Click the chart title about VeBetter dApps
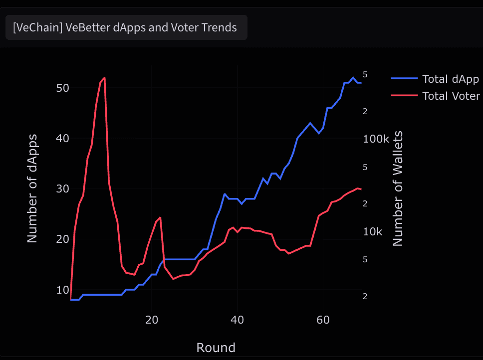125,27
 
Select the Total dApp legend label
450,79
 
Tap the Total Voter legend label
451,96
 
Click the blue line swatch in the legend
404,79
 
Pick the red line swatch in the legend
404,96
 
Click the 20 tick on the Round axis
152,320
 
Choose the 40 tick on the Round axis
238,320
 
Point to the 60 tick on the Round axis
323,320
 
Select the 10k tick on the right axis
373,232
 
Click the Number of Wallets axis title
398,188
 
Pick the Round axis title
216,347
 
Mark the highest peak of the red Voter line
104,78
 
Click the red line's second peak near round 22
160,217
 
